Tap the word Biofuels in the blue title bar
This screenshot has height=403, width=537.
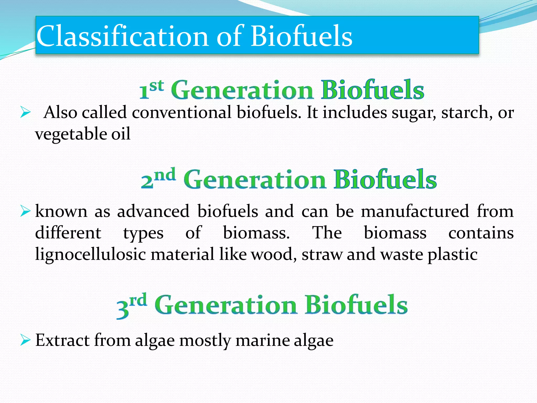(302, 36)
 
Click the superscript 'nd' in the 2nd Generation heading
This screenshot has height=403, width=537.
(165, 175)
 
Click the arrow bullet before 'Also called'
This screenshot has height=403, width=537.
(25, 113)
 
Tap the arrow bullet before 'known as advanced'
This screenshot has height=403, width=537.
(25, 211)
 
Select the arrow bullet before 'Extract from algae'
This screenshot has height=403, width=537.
(25, 340)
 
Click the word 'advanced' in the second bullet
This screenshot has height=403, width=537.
(153, 211)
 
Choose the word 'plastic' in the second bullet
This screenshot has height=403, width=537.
(453, 254)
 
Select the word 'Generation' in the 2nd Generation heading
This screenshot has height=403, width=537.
(255, 180)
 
